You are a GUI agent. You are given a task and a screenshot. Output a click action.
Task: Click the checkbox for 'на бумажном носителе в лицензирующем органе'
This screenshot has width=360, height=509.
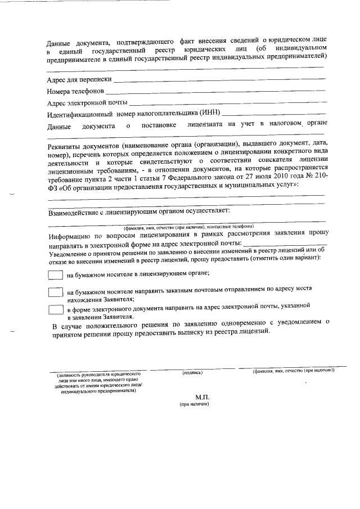55,275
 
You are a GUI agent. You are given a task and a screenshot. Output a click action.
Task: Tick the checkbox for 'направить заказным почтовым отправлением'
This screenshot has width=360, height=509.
55,293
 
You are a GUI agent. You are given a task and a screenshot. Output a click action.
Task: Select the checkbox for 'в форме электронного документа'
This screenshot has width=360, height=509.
55,309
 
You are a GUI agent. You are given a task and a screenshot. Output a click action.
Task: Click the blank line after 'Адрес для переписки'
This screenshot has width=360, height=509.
223,81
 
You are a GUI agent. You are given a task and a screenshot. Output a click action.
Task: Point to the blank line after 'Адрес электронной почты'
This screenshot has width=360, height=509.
228,103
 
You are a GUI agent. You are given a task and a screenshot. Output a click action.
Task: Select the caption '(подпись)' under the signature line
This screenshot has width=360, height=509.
192,372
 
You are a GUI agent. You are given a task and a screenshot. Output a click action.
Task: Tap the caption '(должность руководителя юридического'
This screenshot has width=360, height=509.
98,374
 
